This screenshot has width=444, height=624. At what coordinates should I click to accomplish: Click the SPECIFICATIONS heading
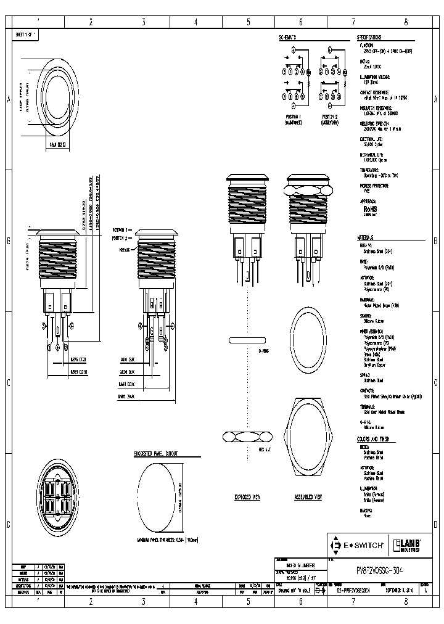[x=373, y=37]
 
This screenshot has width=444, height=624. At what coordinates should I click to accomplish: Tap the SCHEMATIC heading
[x=288, y=37]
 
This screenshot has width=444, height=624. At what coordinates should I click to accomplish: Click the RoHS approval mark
[x=370, y=209]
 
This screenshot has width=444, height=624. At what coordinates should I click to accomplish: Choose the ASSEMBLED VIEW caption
[x=309, y=496]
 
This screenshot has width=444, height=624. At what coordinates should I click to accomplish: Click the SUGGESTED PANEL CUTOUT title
[x=156, y=453]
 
